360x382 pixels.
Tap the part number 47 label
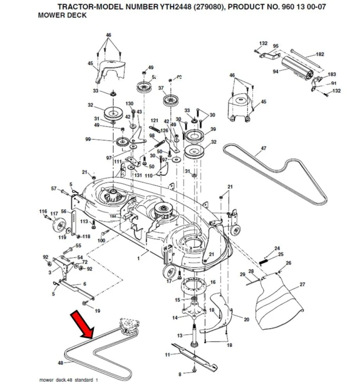coord(263,149)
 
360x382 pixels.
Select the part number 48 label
coord(60,363)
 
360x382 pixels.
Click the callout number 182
coord(320,54)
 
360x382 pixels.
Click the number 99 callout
coord(88,140)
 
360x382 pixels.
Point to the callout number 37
coord(161,88)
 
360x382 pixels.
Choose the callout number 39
coord(213,129)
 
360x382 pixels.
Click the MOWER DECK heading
coord(62,15)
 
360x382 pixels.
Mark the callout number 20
coord(246,320)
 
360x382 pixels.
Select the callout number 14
coord(175,318)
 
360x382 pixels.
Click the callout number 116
coord(43,211)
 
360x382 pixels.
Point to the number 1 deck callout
coord(137,259)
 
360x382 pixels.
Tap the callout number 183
coord(331,74)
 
